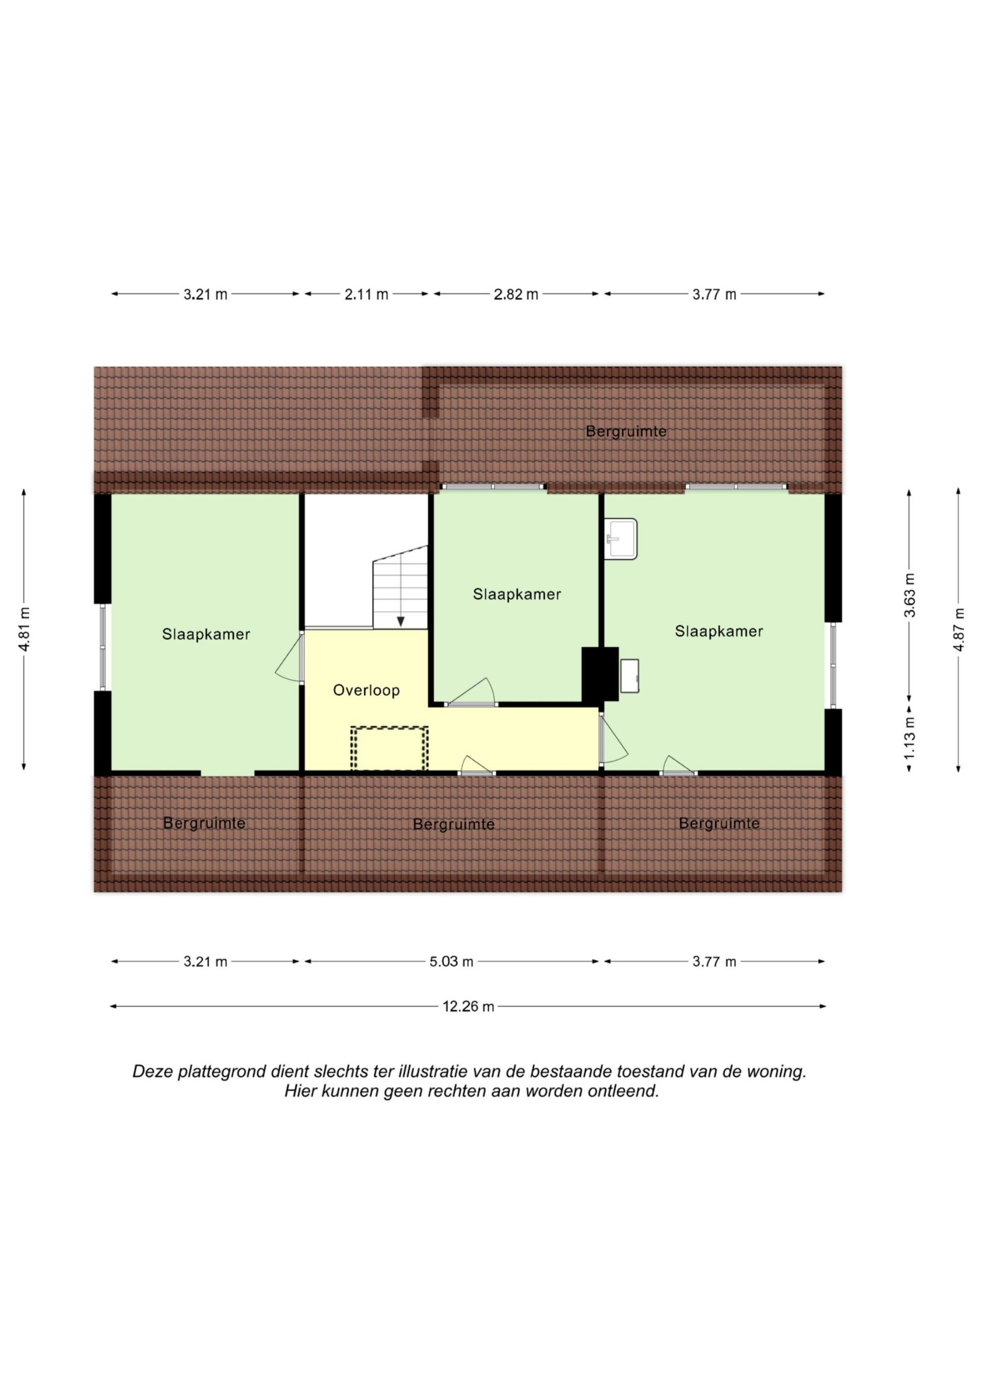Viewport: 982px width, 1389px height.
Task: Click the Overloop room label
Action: pos(366,690)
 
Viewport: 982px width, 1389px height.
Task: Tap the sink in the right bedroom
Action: pos(621,539)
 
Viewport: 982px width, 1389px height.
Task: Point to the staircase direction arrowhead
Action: pos(400,621)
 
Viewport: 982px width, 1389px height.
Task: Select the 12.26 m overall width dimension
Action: pos(468,1006)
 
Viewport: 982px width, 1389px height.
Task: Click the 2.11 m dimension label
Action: pos(366,295)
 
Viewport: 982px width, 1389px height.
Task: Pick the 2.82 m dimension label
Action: pos(516,295)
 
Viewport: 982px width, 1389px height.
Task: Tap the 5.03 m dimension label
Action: pos(451,961)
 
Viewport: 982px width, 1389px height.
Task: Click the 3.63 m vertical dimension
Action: pos(909,595)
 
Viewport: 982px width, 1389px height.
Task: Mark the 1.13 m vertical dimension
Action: pos(909,738)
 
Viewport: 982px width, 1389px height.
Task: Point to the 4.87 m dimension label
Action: pos(958,629)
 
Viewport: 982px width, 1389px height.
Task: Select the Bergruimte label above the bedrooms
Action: pos(626,432)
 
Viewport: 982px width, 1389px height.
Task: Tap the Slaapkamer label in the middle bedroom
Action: pos(517,594)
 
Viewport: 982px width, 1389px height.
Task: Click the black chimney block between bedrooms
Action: pos(600,674)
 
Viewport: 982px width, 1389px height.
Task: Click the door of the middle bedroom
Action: pos(471,693)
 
